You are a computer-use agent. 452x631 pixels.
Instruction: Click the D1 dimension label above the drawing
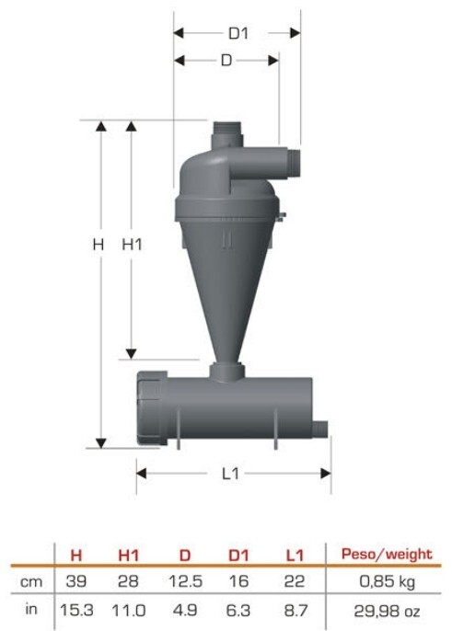[x=238, y=33]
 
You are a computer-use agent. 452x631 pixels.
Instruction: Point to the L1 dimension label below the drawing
[x=231, y=473]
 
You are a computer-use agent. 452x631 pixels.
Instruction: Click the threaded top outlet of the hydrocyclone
[x=226, y=133]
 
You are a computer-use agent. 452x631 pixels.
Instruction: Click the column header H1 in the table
[x=129, y=555]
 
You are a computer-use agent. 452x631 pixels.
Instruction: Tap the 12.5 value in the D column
[x=184, y=582]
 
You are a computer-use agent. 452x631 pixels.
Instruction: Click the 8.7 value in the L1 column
[x=294, y=610]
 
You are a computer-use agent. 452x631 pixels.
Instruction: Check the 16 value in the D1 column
[x=239, y=582]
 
